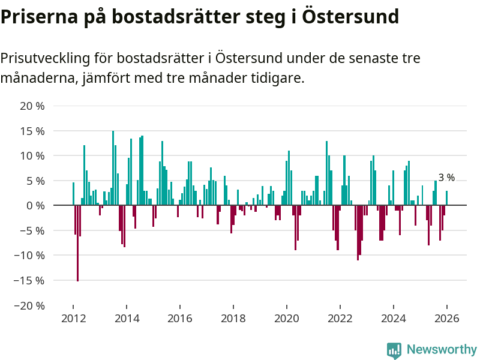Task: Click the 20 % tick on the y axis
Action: [x=32, y=106]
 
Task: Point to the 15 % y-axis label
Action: [x=32, y=131]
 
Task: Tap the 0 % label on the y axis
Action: [x=35, y=205]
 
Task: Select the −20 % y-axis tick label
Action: [x=29, y=305]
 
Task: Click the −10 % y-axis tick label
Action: [x=29, y=255]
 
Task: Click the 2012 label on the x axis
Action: [x=73, y=319]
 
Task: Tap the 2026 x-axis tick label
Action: [x=446, y=319]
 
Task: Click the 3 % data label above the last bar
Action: [x=446, y=178]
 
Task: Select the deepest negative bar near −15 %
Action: [x=77, y=243]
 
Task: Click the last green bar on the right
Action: [x=446, y=198]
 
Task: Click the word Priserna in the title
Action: [x=38, y=16]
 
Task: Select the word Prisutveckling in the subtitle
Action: [x=45, y=58]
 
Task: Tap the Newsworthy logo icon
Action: [x=394, y=350]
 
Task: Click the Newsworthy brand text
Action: [x=442, y=349]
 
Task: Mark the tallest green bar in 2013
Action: [x=113, y=168]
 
